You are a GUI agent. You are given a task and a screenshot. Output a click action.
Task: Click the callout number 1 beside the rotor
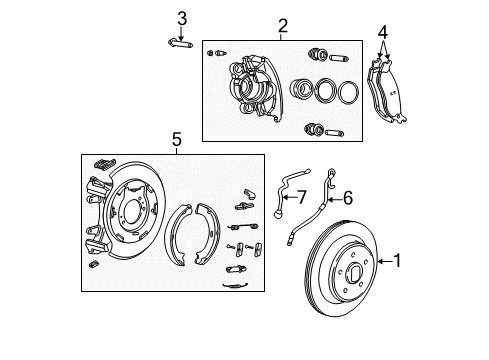pos(397,262)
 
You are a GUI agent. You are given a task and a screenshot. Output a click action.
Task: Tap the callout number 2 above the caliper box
pos(283,26)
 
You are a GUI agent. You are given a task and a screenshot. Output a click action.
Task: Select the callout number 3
pos(181,17)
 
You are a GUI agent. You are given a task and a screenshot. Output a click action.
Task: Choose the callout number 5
pos(176,141)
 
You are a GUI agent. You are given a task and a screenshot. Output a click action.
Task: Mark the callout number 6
pos(347,197)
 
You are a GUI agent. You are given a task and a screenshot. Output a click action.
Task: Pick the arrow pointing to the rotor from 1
pos(383,262)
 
